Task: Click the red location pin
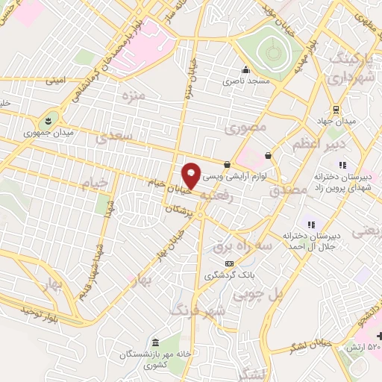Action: (192, 175)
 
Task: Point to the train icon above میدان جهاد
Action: (336, 107)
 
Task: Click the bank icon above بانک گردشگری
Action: (229, 263)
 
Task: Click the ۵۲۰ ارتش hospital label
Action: (362, 348)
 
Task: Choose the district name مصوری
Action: (245, 128)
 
